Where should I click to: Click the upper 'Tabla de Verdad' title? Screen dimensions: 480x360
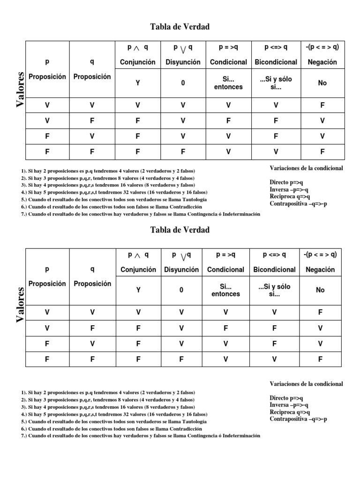coord(180,27)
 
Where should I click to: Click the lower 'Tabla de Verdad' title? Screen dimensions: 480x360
coord(180,230)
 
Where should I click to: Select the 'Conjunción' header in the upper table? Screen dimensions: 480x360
coord(138,62)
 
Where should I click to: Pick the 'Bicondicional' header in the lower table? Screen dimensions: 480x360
coord(274,270)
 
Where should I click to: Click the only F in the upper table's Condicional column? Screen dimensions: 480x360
coord(228,120)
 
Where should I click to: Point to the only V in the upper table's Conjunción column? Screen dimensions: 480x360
coord(138,105)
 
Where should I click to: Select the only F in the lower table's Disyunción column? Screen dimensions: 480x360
coord(181,360)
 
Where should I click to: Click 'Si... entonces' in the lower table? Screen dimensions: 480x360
coord(225,290)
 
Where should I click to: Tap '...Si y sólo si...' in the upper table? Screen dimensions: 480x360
coord(276,83)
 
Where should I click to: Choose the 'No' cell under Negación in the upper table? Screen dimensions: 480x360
coord(322,83)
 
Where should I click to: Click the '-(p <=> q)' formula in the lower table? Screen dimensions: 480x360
coord(320,255)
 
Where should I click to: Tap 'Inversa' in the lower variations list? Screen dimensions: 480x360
coord(279,405)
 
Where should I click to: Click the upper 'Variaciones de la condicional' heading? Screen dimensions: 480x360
coord(306,168)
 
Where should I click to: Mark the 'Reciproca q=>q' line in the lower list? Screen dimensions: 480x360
coord(290,412)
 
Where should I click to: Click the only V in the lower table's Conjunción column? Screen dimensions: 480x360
coord(138,312)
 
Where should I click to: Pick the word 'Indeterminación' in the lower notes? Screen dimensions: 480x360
coord(238,435)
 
